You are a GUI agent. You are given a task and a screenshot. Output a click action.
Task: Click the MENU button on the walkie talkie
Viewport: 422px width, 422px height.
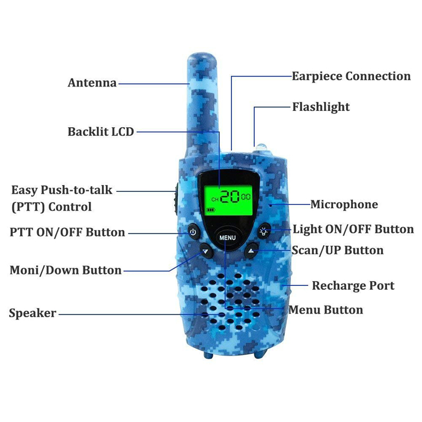(x=227, y=237)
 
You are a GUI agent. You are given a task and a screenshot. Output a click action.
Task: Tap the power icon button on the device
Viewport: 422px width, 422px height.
(x=192, y=231)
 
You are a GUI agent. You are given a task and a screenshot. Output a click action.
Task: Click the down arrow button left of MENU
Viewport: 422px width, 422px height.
(x=206, y=251)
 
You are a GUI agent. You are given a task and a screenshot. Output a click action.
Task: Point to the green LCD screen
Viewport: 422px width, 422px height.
(x=227, y=200)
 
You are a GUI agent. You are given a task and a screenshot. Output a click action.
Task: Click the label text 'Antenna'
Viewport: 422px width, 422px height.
(x=92, y=83)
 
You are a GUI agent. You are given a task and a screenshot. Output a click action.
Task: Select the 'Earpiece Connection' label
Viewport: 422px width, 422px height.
(x=351, y=76)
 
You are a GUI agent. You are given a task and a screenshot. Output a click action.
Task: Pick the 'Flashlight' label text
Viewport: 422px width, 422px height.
(x=321, y=107)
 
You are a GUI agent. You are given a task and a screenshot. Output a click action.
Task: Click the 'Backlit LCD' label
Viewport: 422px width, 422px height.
(x=101, y=132)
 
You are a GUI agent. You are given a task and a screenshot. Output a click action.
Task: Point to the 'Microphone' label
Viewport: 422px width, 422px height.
(x=344, y=204)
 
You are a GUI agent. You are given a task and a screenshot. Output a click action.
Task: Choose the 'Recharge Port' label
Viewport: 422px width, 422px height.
(x=353, y=286)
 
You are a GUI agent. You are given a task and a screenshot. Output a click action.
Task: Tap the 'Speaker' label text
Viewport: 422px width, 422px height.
(x=33, y=313)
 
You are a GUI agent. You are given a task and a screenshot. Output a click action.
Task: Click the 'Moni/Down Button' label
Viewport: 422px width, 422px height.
(x=65, y=270)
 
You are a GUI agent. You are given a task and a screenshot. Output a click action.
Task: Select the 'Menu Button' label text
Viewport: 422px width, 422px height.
(x=326, y=309)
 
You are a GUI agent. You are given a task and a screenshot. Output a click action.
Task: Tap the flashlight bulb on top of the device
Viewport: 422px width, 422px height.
(x=262, y=147)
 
